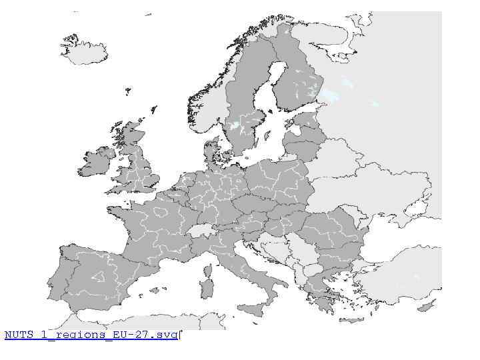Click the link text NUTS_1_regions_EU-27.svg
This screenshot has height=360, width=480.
pos(91,335)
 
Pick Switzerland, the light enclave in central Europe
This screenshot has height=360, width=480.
pos(198,230)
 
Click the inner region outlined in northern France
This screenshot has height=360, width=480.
pos(161,213)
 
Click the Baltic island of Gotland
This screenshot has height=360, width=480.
pos(265,136)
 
